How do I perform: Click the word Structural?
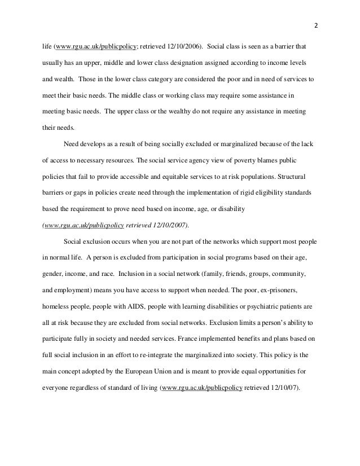[302, 177]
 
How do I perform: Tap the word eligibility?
[257, 193]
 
